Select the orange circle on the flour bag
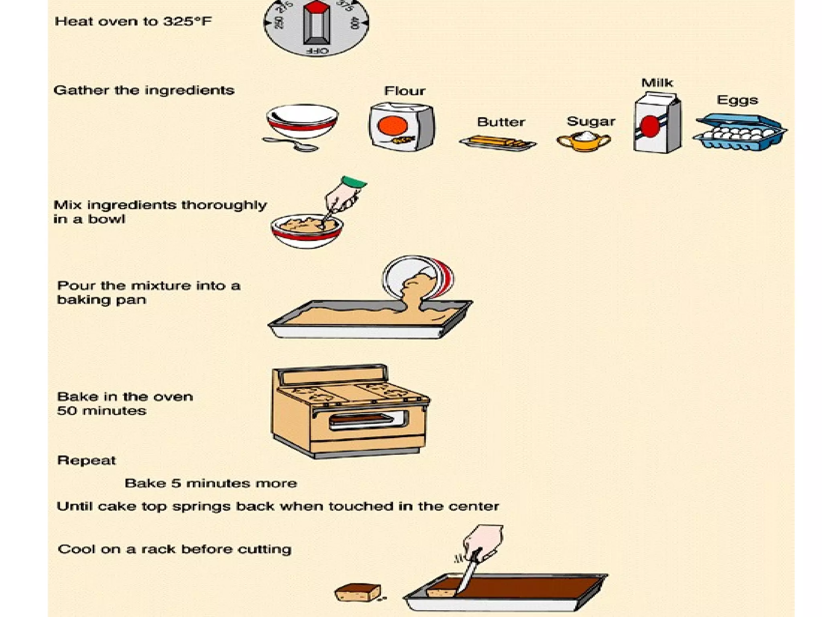(x=392, y=126)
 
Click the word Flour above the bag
(x=404, y=91)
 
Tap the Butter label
(x=501, y=122)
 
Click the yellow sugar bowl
(x=584, y=141)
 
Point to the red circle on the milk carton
(x=649, y=126)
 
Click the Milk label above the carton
(x=657, y=83)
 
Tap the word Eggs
(x=737, y=100)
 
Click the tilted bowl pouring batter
(x=417, y=277)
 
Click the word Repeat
(x=86, y=460)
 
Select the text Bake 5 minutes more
(x=211, y=483)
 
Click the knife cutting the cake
(x=468, y=572)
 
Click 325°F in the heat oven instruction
(x=187, y=21)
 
